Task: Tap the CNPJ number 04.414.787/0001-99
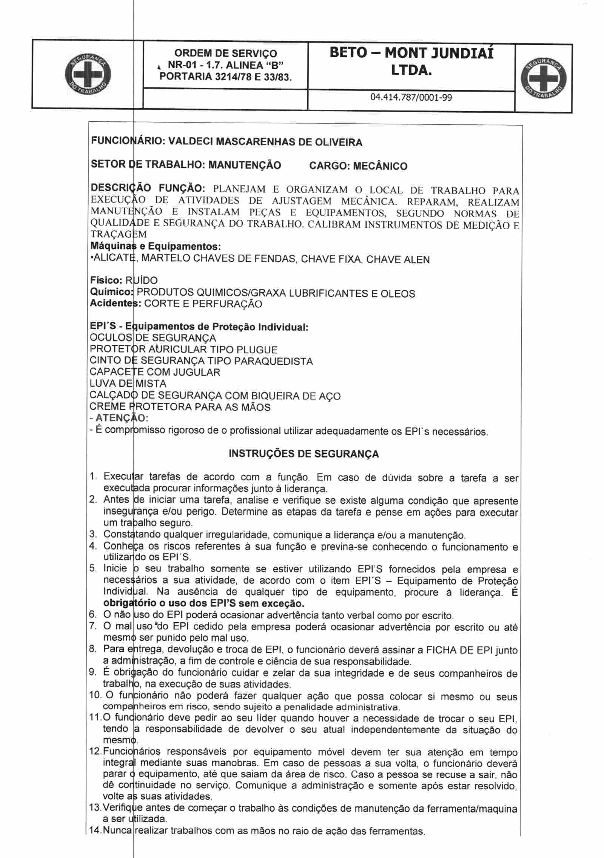(411, 98)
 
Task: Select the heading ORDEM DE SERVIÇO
(226, 53)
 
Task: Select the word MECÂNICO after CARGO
(380, 166)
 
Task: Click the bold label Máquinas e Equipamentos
(155, 247)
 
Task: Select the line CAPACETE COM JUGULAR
(155, 373)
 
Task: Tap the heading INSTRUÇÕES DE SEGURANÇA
(304, 454)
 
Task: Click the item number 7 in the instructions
(93, 627)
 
